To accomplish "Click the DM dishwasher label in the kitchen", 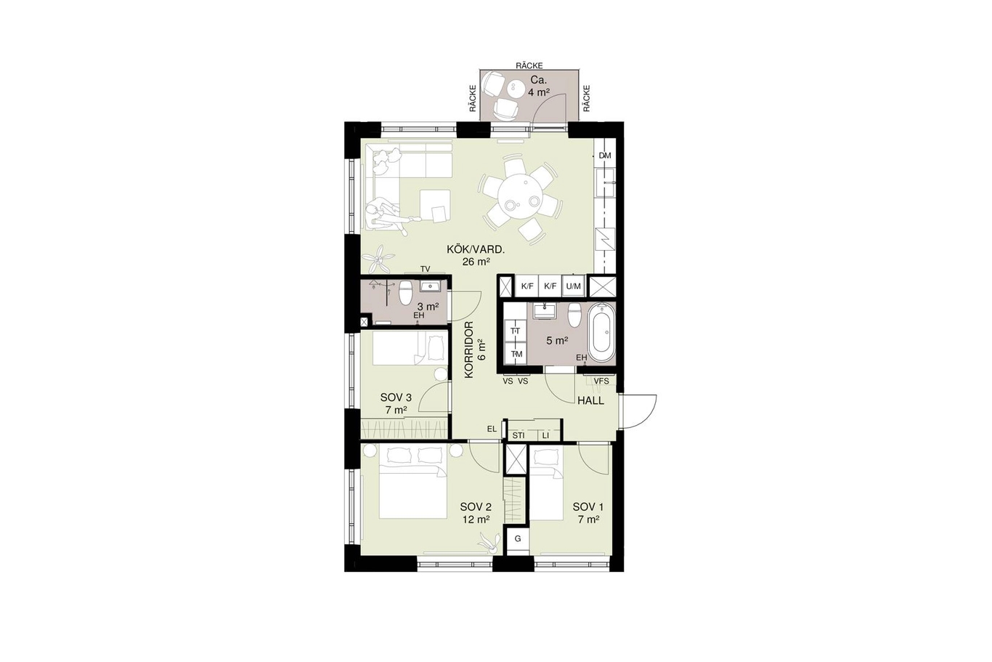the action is point(604,156).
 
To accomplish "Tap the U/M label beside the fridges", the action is point(573,286).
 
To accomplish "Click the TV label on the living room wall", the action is point(425,269).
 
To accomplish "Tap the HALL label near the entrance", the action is point(591,400).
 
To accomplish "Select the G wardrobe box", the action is point(517,538).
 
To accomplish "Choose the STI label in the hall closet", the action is point(518,435).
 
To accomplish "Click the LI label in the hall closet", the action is point(545,435).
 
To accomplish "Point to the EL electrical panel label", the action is point(492,429).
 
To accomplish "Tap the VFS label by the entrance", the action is point(601,381).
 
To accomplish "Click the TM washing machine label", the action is point(516,354).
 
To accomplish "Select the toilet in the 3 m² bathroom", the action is point(405,292).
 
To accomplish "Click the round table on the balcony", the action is point(517,89).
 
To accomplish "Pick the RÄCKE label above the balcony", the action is point(529,65).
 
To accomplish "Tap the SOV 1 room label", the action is point(588,507).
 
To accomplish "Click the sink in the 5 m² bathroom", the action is point(543,310).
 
